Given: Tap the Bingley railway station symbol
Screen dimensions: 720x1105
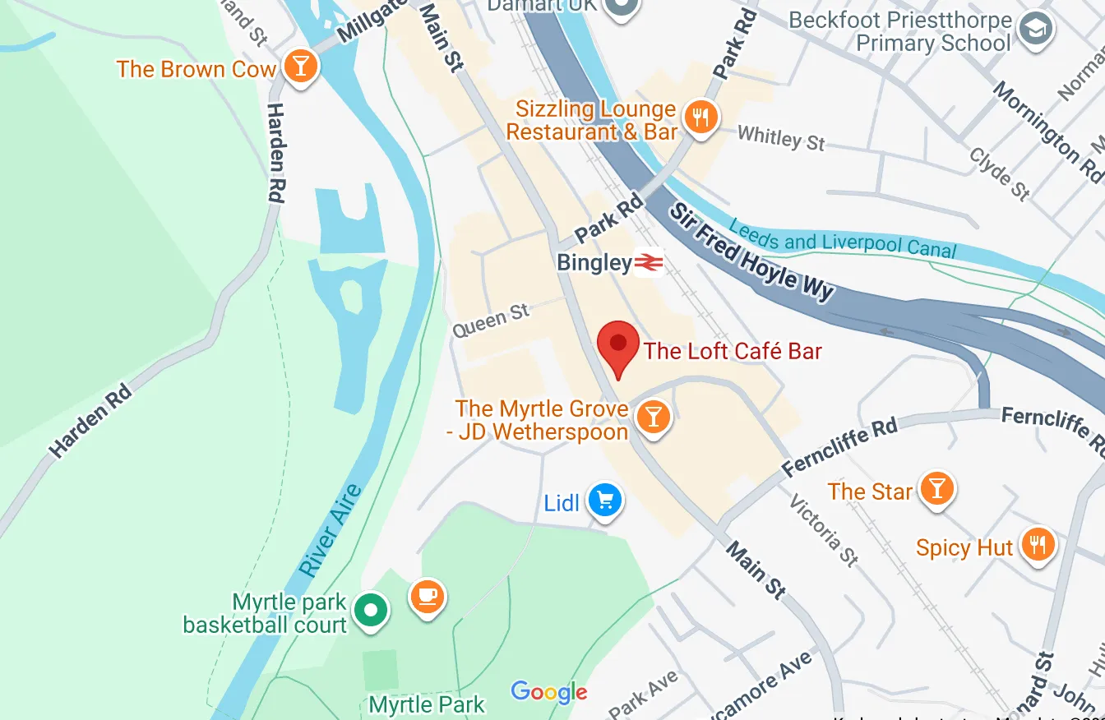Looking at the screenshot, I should click(x=649, y=263).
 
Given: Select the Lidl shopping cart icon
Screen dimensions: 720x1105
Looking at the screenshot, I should click(x=605, y=499).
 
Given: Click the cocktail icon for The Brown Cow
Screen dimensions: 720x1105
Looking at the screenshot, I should click(x=301, y=67).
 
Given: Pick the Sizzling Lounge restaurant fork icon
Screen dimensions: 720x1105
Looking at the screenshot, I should click(x=700, y=118).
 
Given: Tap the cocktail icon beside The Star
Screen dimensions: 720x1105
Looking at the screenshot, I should click(x=936, y=489).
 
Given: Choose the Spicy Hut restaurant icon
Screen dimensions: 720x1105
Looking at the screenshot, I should click(x=1038, y=545).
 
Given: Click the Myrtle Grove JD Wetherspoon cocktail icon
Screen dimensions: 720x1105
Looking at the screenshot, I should click(x=653, y=417).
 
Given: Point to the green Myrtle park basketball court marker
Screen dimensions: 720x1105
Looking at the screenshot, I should click(x=371, y=611).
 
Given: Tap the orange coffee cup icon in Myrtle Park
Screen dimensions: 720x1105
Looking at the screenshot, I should click(x=427, y=595).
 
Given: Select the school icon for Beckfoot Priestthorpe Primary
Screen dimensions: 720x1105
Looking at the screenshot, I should click(x=1036, y=30).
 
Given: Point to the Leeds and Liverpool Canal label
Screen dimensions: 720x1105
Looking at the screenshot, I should click(x=843, y=238).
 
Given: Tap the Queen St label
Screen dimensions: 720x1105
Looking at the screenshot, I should click(x=491, y=320).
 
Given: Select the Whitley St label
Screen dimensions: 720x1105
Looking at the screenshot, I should click(x=781, y=138).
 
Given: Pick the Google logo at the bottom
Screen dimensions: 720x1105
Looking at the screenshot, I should click(x=548, y=692).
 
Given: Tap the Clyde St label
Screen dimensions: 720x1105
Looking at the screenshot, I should click(x=999, y=173).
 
